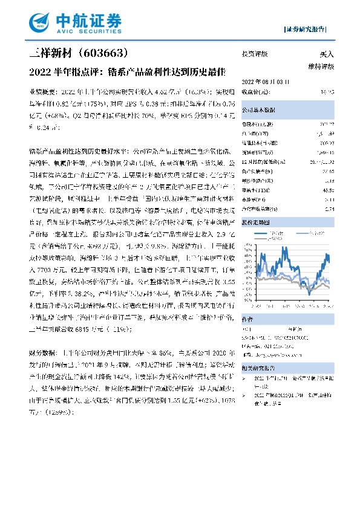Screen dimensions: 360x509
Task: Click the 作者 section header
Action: point(247,321)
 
